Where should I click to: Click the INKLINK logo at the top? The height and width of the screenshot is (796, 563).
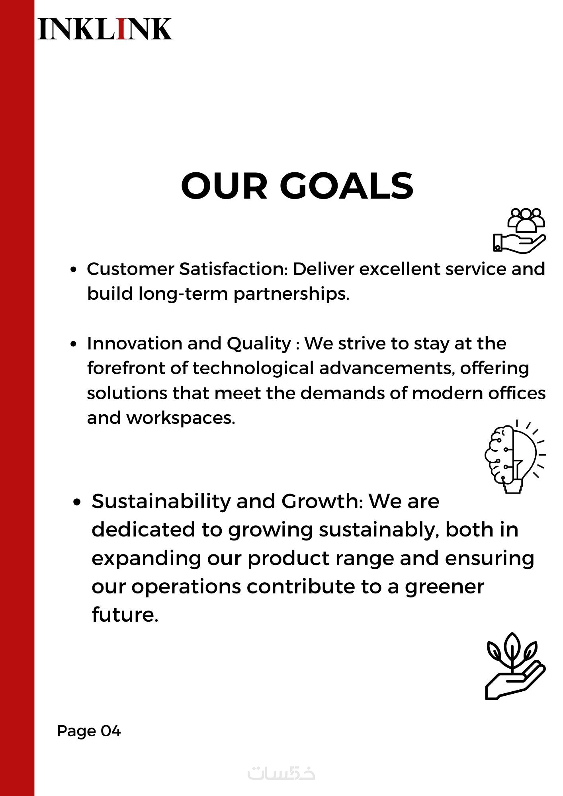tap(105, 29)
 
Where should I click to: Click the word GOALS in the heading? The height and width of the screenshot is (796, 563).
tap(347, 185)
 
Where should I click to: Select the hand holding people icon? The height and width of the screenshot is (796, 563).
tap(519, 230)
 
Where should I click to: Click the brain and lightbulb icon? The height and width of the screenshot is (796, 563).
tap(515, 457)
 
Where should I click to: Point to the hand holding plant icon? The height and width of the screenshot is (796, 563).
tap(515, 666)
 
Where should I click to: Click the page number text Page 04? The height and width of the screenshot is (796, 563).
tap(89, 731)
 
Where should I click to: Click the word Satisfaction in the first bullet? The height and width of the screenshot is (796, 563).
tap(233, 269)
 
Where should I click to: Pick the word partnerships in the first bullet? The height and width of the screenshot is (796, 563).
tap(291, 294)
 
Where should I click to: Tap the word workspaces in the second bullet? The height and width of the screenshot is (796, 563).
tap(181, 418)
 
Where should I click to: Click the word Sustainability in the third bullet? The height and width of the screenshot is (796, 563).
tap(161, 501)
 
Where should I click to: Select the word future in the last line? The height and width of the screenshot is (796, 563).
tap(125, 614)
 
